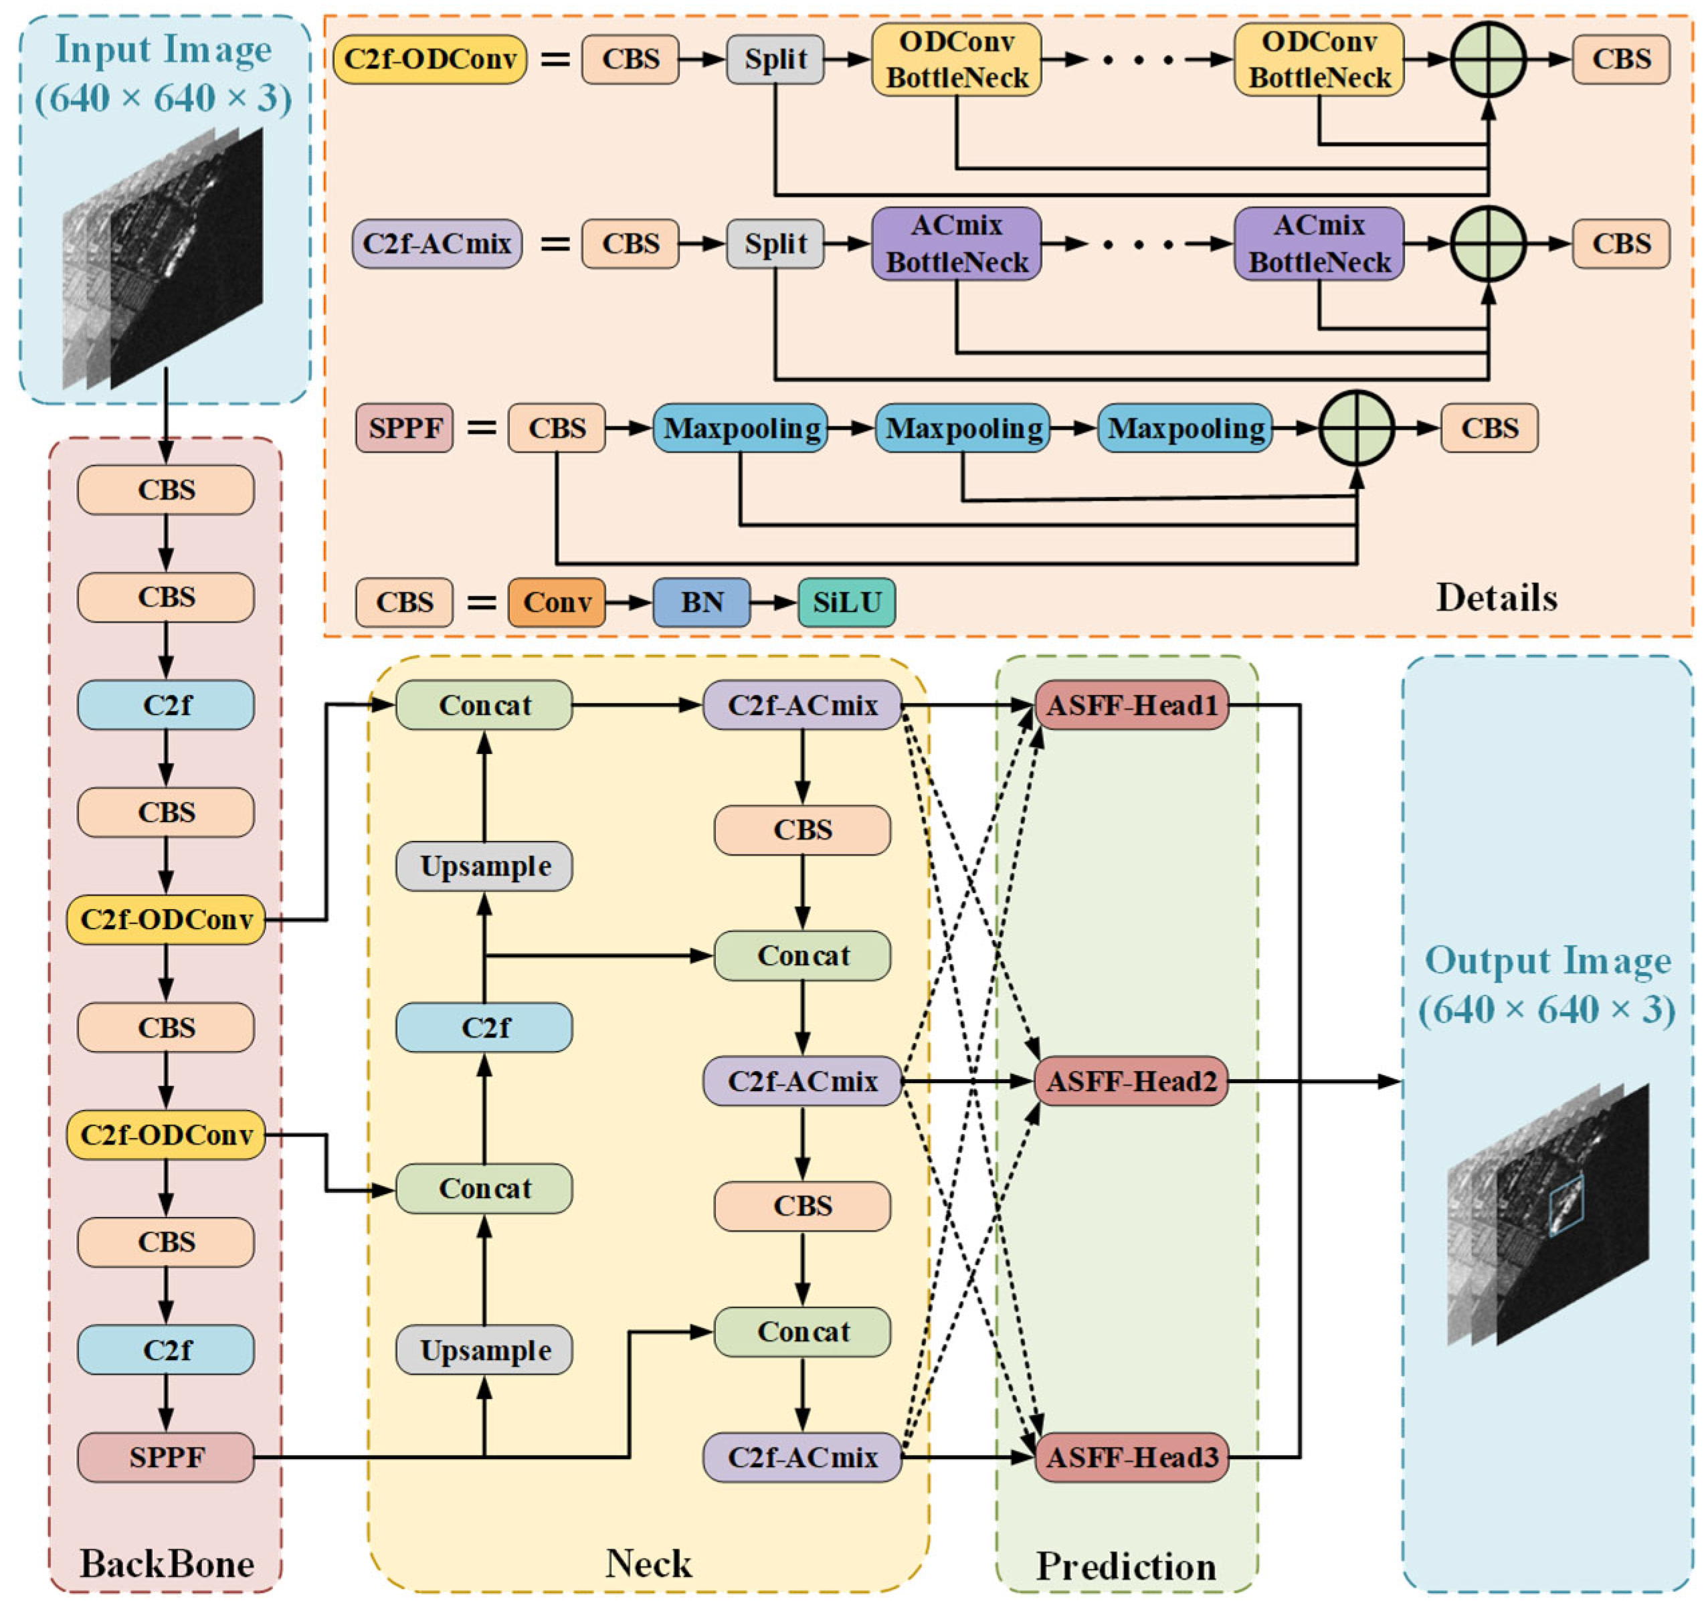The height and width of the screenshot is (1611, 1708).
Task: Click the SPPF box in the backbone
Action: tap(166, 1457)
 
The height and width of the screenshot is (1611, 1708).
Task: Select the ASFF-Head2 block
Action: tap(1131, 1081)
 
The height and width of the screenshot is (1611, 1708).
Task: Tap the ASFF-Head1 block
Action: tap(1131, 705)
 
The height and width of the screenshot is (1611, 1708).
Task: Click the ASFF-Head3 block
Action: tap(1131, 1457)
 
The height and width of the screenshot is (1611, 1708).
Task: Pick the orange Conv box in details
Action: tap(557, 602)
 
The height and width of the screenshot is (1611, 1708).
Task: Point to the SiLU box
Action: tap(847, 602)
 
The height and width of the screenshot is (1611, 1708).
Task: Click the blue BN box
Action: tap(702, 602)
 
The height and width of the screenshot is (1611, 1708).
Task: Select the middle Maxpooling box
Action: tap(963, 428)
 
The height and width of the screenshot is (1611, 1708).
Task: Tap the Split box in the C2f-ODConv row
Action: tap(775, 60)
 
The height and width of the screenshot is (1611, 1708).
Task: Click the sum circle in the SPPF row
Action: tap(1357, 428)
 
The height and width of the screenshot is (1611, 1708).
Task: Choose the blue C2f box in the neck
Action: tap(484, 1028)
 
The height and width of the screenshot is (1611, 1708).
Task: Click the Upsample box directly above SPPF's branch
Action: tap(484, 1350)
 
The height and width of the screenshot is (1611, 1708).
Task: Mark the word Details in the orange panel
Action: tap(1497, 598)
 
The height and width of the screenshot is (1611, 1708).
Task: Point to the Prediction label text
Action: tap(1127, 1566)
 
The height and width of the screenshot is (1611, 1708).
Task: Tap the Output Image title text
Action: tap(1548, 961)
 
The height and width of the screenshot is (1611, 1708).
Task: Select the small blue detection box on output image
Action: tap(1565, 1206)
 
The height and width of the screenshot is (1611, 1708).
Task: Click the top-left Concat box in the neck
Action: tap(484, 705)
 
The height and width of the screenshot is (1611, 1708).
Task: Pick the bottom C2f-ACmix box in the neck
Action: tap(802, 1457)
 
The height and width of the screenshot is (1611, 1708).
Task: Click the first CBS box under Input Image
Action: tap(166, 490)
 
